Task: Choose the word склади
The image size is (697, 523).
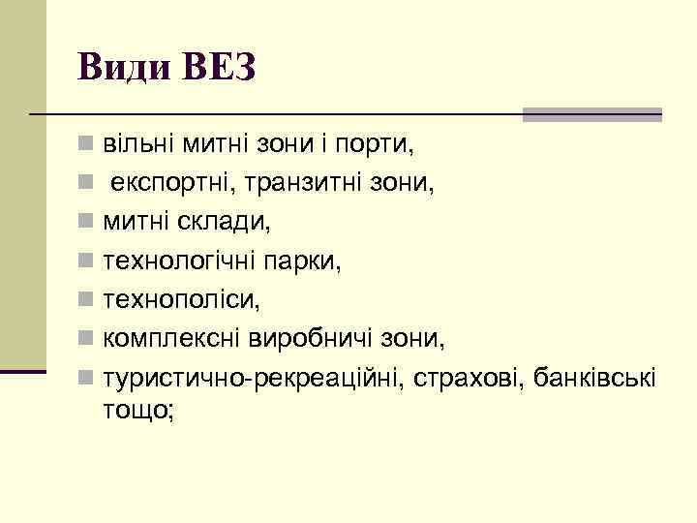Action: [x=231, y=221]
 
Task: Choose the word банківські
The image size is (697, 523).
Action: [x=594, y=375]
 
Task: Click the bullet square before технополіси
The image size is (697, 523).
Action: [x=86, y=299]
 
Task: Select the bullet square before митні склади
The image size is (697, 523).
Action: [x=86, y=223]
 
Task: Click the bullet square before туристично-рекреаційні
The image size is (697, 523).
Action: [x=86, y=376]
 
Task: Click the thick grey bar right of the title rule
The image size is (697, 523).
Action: [x=591, y=114]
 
